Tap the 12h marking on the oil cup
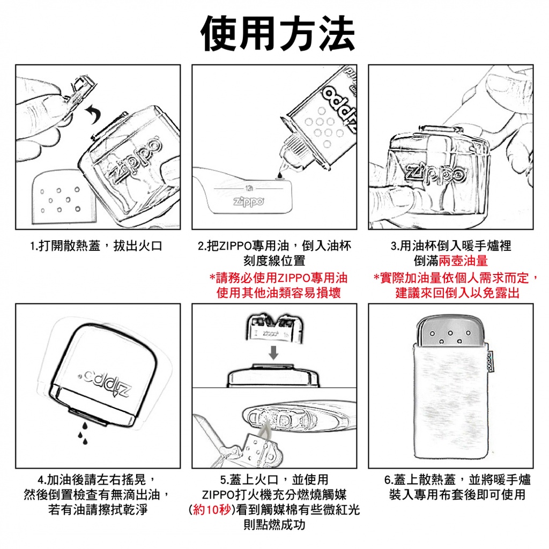tap(249, 188)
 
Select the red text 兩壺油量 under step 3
tap(463, 261)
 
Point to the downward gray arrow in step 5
tap(274, 353)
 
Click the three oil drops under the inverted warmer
tap(83, 433)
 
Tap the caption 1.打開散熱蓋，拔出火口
tap(97, 246)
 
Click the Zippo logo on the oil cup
tap(249, 202)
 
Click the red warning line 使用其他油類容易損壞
tap(279, 293)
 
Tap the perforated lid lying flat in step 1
tap(63, 197)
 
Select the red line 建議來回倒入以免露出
tap(457, 293)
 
